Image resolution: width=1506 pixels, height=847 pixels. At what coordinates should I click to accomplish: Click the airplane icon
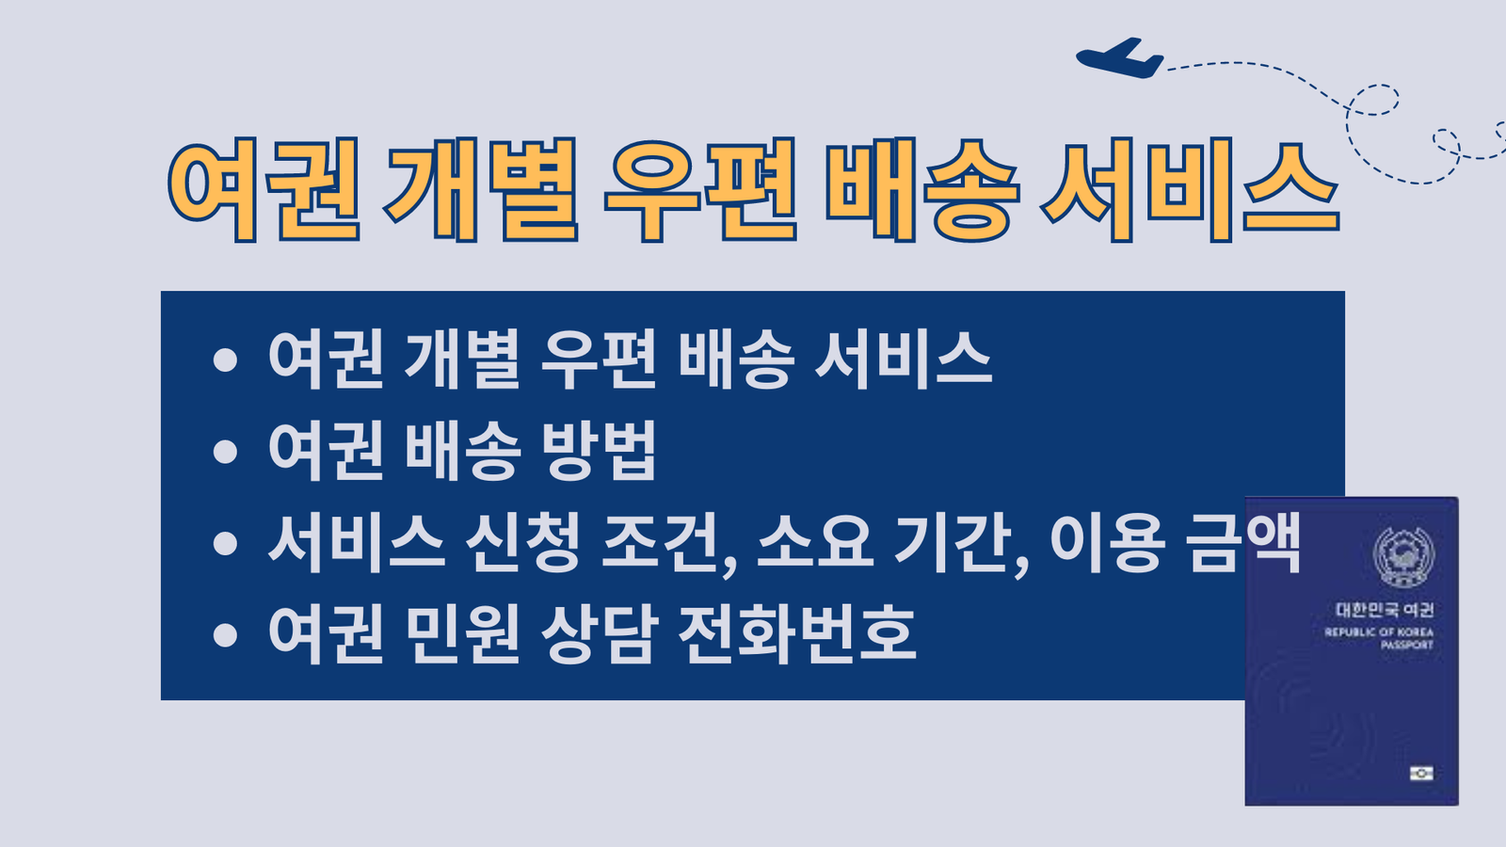pyautogui.click(x=1119, y=58)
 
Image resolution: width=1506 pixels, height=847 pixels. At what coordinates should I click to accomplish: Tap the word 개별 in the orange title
pyautogui.click(x=480, y=189)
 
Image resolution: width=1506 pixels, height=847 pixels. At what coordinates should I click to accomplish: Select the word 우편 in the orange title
pyautogui.click(x=700, y=189)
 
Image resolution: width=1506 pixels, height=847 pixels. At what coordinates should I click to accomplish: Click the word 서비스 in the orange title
pyautogui.click(x=1190, y=189)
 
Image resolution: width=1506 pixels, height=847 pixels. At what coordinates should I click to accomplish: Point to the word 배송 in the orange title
pyautogui.click(x=922, y=189)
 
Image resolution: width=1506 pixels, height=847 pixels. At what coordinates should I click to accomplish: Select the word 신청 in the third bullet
pyautogui.click(x=522, y=542)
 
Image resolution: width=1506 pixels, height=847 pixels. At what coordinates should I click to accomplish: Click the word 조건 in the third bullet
pyautogui.click(x=662, y=542)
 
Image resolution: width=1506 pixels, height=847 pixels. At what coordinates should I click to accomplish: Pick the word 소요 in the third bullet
pyautogui.click(x=815, y=542)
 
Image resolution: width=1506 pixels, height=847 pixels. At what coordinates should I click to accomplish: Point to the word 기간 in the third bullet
pyautogui.click(x=954, y=542)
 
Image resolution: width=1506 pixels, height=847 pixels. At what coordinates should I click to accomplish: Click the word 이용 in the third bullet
pyautogui.click(x=1107, y=542)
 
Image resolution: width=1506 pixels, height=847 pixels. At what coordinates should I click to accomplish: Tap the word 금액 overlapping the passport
pyautogui.click(x=1243, y=542)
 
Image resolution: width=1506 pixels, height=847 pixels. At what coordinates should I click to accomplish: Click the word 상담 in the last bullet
pyautogui.click(x=600, y=634)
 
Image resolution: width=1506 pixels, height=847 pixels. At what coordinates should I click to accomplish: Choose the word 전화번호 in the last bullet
pyautogui.click(x=797, y=634)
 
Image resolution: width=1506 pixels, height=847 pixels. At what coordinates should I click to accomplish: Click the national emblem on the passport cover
pyautogui.click(x=1403, y=557)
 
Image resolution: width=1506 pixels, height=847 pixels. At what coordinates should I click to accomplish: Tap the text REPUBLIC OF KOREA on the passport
pyautogui.click(x=1379, y=631)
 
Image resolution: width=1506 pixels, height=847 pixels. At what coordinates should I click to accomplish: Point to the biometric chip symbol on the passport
pyautogui.click(x=1421, y=773)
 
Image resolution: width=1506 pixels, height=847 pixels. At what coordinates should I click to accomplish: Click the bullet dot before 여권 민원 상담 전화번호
pyautogui.click(x=225, y=635)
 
